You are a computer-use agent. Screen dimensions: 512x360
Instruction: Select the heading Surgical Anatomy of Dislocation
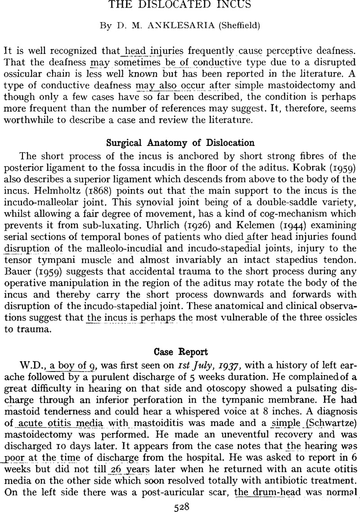pyautogui.click(x=180, y=143)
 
